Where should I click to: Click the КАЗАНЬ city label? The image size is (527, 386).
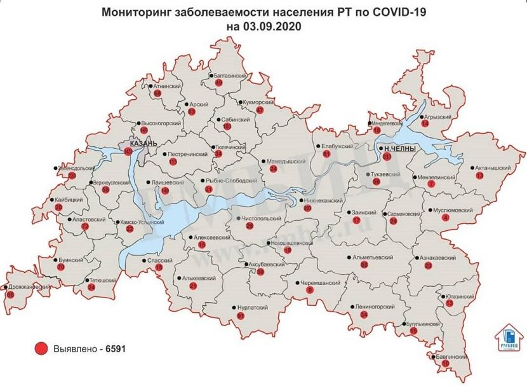click(143, 143)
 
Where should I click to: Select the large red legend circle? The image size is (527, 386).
click(41, 349)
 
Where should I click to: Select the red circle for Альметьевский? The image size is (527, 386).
click(364, 265)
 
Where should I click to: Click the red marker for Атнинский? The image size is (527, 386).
click(158, 93)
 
